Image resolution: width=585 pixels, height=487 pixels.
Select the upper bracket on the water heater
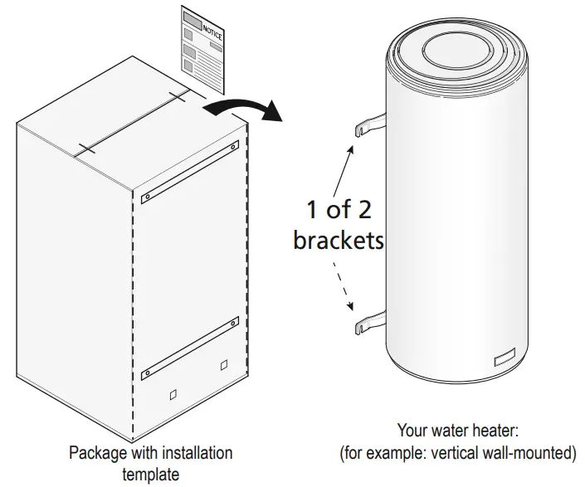tap(370, 124)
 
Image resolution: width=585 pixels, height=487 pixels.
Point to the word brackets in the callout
tap(339, 240)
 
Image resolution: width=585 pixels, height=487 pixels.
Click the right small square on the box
tap(223, 366)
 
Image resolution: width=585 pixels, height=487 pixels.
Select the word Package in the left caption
tap(95, 454)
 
